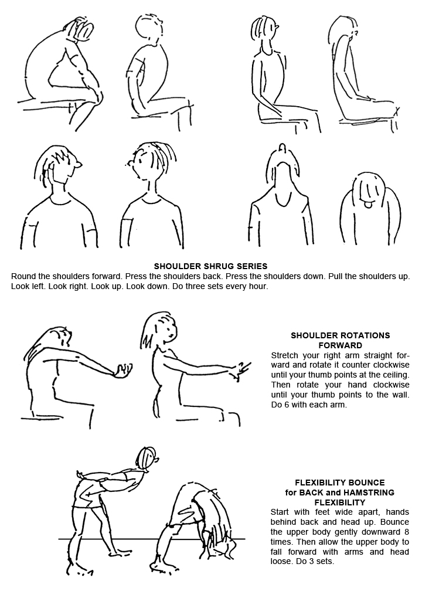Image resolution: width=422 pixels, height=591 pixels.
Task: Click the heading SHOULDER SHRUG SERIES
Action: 210,266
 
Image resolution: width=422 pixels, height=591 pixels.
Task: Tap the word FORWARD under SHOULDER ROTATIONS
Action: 340,345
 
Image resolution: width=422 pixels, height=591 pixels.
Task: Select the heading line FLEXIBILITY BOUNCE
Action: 340,483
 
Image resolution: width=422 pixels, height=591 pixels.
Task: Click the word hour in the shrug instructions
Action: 258,286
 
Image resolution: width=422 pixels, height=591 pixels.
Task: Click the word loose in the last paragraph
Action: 280,562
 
